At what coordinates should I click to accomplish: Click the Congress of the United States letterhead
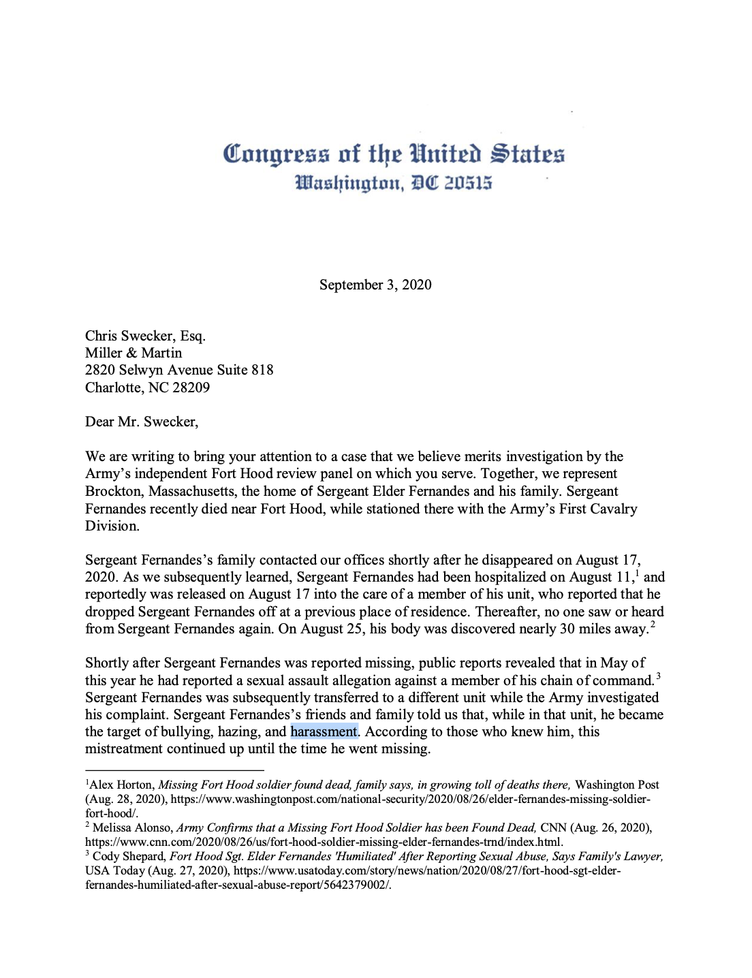[394, 155]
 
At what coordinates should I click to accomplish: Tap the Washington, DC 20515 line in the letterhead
[393, 183]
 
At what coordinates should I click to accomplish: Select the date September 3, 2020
[375, 285]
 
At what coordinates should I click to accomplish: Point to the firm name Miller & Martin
[134, 353]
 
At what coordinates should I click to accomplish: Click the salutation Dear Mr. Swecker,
[142, 422]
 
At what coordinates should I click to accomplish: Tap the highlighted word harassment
[324, 731]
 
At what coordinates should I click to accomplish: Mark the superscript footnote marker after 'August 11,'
[637, 573]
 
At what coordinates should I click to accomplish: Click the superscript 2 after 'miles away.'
[653, 625]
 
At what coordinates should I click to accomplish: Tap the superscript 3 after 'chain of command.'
[659, 676]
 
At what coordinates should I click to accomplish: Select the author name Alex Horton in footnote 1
[122, 785]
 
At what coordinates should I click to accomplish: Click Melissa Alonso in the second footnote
[133, 827]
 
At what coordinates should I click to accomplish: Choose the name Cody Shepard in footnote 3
[129, 856]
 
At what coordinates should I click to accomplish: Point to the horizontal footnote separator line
[174, 770]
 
